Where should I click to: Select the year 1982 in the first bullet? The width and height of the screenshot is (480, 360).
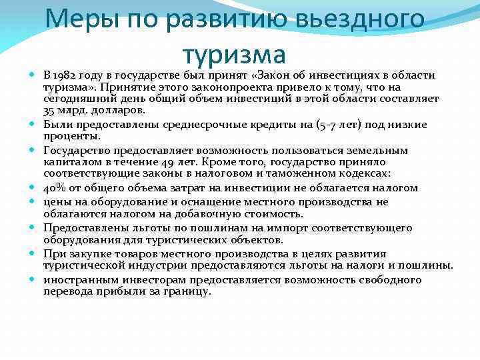click(67, 74)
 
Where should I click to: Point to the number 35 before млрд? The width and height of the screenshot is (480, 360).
click(50, 110)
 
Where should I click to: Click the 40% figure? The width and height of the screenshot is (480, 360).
click(55, 188)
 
